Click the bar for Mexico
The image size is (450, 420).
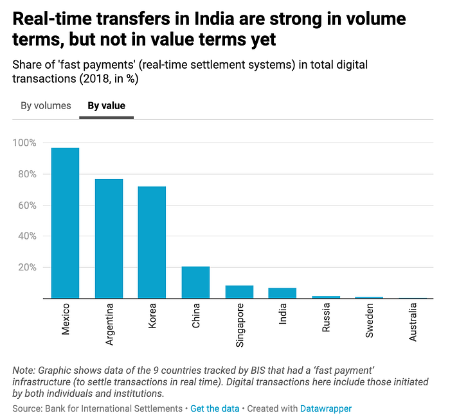tap(65, 223)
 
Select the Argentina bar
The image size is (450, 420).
tap(109, 238)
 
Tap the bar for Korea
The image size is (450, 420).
tap(152, 242)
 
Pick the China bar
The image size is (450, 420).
tap(195, 282)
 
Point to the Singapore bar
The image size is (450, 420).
tap(239, 292)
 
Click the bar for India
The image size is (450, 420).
tap(282, 293)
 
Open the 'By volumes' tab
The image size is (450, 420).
tap(46, 105)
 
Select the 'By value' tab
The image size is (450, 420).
tap(106, 105)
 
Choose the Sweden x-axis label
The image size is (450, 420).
tap(370, 319)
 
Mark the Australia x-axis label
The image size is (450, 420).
tap(413, 323)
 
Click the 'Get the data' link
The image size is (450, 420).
tap(215, 408)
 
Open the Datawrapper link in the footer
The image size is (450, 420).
tap(325, 408)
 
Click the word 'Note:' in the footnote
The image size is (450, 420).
tap(25, 371)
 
